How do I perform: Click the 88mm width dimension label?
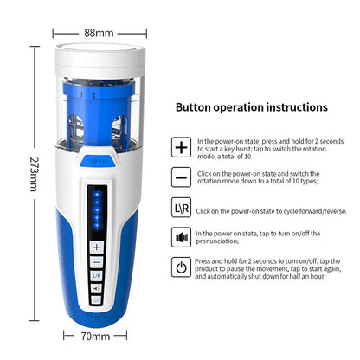point(99,33)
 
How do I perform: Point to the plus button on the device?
point(97,247)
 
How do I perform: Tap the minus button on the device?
point(97,261)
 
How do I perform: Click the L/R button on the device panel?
point(97,275)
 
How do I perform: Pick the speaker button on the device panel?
point(97,289)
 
